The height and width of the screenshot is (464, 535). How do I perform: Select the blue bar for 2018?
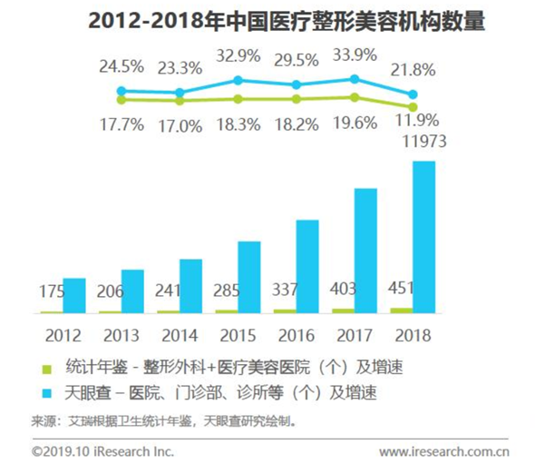423,238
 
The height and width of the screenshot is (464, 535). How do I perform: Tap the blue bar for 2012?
73,296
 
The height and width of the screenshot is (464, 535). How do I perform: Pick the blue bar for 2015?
248,278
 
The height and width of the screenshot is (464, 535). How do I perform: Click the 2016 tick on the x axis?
296,334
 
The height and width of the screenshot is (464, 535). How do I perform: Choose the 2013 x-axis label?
121,334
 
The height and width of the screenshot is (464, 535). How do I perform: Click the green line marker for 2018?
413,106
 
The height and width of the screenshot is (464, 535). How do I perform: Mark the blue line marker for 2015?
238,81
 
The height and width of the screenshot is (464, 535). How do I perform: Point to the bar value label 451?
401,290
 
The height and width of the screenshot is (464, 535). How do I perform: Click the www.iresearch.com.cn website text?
443,449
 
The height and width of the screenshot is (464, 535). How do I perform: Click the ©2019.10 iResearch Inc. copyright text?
102,449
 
